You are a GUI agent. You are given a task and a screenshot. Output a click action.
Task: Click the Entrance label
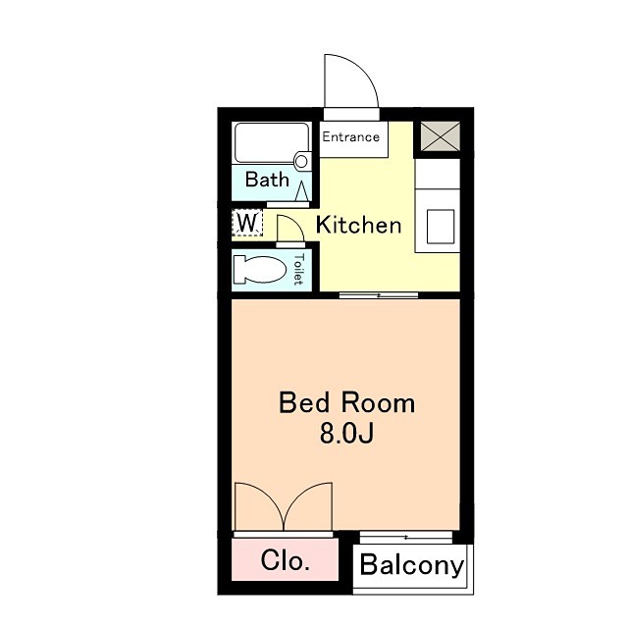(x=351, y=137)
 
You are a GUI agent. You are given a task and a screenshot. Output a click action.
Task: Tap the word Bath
(x=267, y=179)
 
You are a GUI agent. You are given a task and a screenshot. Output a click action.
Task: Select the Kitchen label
(x=358, y=225)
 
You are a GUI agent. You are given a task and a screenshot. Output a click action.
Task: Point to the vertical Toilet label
(x=298, y=269)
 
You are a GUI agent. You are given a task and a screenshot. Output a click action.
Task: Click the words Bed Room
(x=346, y=403)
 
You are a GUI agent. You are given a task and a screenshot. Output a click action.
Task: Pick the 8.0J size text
(x=346, y=433)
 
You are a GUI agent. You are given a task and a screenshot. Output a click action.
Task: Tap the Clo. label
(x=286, y=560)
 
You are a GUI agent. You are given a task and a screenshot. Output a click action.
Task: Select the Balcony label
(x=412, y=565)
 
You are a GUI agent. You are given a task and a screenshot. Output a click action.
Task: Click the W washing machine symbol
(x=247, y=223)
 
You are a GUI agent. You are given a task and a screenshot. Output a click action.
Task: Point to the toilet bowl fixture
(x=259, y=269)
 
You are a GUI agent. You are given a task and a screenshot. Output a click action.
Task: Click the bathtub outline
(x=272, y=142)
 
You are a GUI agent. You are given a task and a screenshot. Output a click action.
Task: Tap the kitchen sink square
(x=441, y=227)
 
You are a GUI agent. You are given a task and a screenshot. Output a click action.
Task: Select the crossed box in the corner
(x=441, y=137)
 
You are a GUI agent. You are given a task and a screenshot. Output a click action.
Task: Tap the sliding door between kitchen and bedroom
(x=379, y=295)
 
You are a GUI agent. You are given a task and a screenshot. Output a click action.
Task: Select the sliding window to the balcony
(x=406, y=537)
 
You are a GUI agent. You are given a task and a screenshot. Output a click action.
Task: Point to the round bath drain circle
(x=301, y=161)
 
